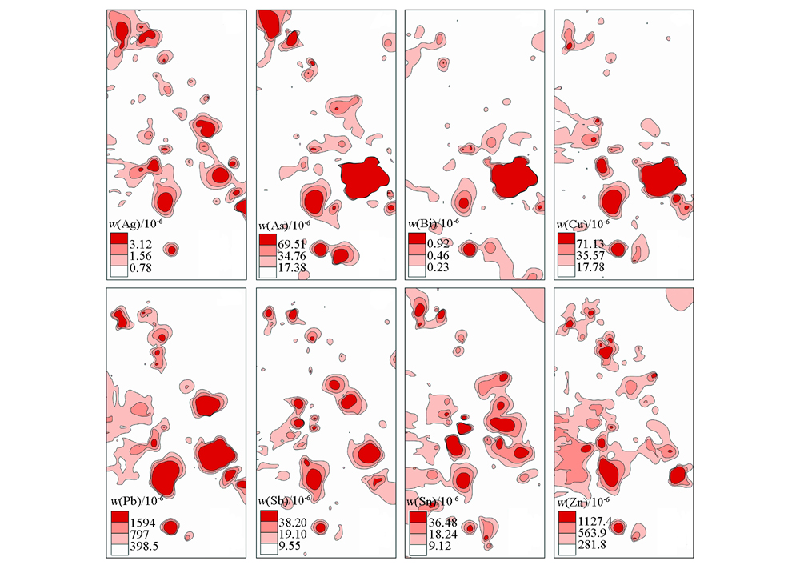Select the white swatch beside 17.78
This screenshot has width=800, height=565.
[x=566, y=269]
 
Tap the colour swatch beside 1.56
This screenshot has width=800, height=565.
[x=118, y=254]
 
